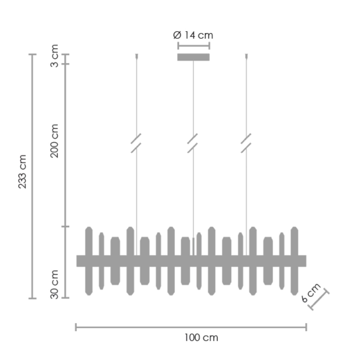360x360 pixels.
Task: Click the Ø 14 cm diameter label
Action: (193, 35)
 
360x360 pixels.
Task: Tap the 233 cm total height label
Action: (22, 172)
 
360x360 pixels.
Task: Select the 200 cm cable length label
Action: (54, 141)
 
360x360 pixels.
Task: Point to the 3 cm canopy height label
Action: (54, 56)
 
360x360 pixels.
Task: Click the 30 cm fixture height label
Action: (54, 284)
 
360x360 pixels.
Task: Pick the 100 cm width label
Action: (201, 338)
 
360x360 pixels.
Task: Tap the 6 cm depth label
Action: (311, 292)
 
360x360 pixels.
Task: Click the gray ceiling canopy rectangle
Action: (193, 57)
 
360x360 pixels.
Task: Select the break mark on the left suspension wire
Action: (136, 143)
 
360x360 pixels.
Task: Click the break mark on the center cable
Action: (193, 143)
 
